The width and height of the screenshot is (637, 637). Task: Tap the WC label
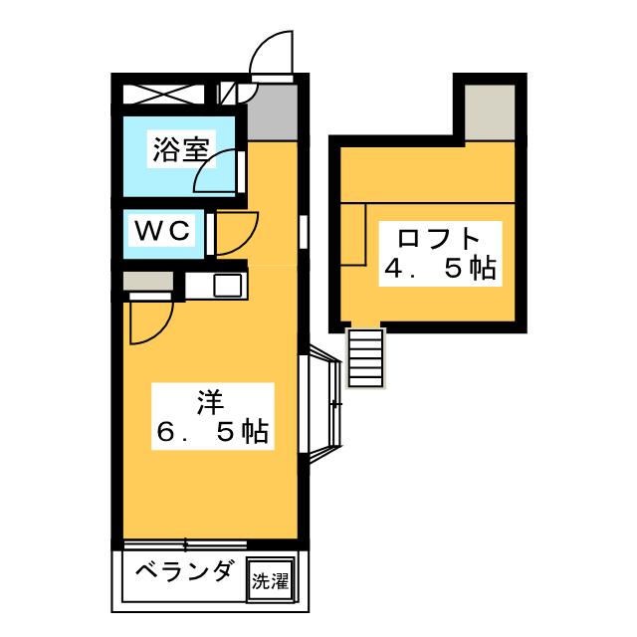tap(162, 232)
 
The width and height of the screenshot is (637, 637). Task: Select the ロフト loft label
tap(439, 239)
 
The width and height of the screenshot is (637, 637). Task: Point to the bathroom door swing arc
tap(218, 172)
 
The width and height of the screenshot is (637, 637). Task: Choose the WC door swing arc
tap(234, 233)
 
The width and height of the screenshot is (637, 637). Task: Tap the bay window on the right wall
tap(323, 403)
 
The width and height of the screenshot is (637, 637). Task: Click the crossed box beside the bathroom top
tap(165, 96)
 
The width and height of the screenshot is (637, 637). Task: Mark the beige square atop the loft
tap(487, 111)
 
